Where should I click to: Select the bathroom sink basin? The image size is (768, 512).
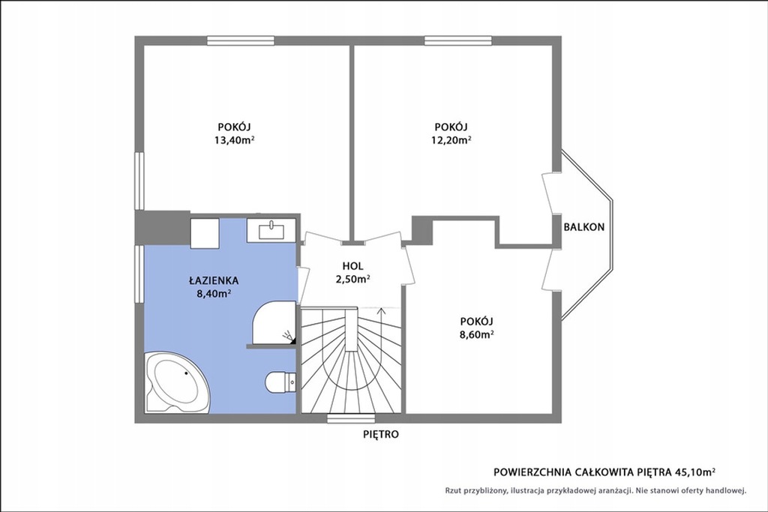click(271, 230)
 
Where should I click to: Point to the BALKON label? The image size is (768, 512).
click(583, 227)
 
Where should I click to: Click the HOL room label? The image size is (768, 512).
click(352, 266)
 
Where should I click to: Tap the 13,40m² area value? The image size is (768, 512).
click(234, 140)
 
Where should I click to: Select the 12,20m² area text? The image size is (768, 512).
click(451, 140)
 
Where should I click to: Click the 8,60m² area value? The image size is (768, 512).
click(476, 335)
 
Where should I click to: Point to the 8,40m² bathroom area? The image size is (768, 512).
click(214, 294)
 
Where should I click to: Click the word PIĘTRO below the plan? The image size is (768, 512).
click(381, 434)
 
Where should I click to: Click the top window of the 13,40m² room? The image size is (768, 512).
click(241, 40)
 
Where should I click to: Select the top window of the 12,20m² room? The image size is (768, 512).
click(458, 40)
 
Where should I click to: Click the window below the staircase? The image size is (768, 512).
click(351, 418)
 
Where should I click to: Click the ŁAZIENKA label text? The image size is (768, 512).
click(214, 280)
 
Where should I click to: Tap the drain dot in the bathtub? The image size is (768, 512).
click(187, 373)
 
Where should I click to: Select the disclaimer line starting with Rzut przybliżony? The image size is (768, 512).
click(595, 490)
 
